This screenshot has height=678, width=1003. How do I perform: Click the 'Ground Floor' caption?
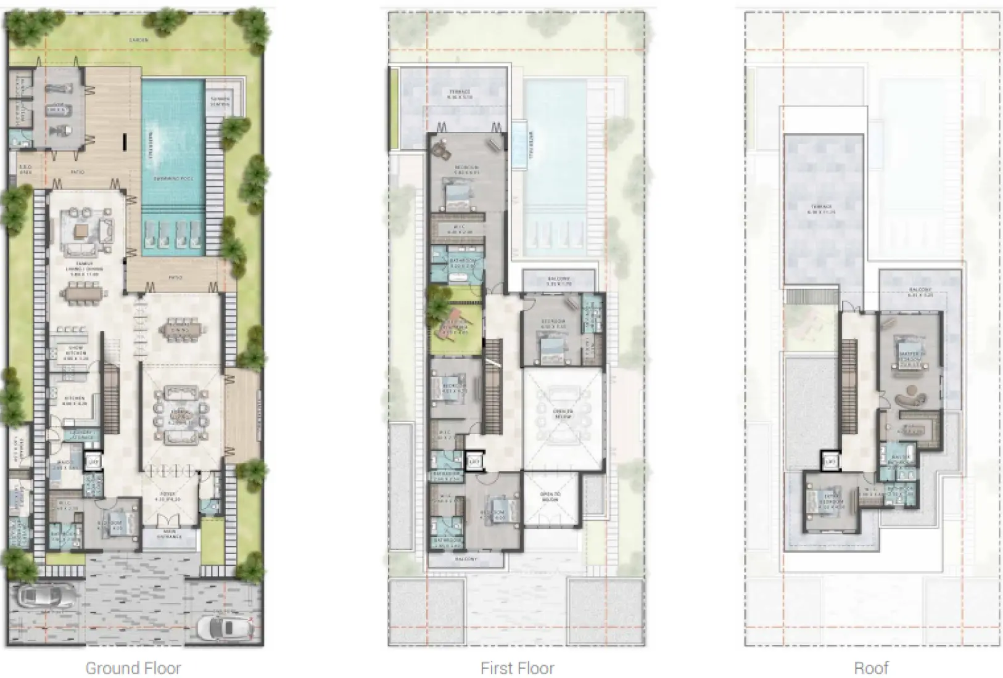[133, 668]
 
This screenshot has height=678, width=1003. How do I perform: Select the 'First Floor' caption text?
[517, 668]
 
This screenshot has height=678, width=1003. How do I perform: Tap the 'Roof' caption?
[871, 668]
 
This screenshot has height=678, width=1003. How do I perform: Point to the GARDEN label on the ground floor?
[139, 40]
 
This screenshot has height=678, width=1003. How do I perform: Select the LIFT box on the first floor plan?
[474, 461]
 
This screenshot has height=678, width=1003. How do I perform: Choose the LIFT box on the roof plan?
[830, 461]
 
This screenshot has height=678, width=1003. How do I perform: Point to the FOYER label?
[169, 494]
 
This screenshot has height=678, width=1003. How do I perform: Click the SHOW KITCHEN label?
[76, 351]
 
